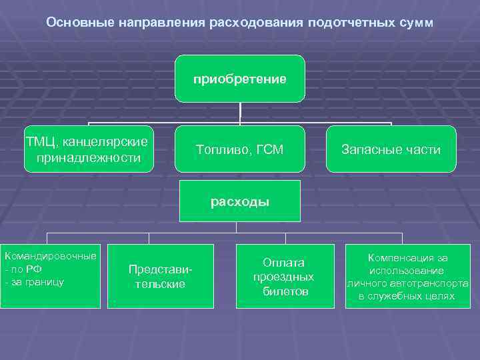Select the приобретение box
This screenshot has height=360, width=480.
[x=240, y=79]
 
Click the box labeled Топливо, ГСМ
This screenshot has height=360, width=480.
[x=240, y=149]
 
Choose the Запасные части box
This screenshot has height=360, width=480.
[x=391, y=149]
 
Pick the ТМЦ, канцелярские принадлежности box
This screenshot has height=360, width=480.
[x=87, y=149]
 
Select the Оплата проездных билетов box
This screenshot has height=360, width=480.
[x=285, y=276]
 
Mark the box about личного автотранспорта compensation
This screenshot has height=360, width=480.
[x=407, y=276]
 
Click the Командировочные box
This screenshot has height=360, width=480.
[x=50, y=276]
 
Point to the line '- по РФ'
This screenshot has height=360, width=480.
[x=23, y=269]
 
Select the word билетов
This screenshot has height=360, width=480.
[x=286, y=291]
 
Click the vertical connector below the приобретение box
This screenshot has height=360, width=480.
[x=240, y=112]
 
